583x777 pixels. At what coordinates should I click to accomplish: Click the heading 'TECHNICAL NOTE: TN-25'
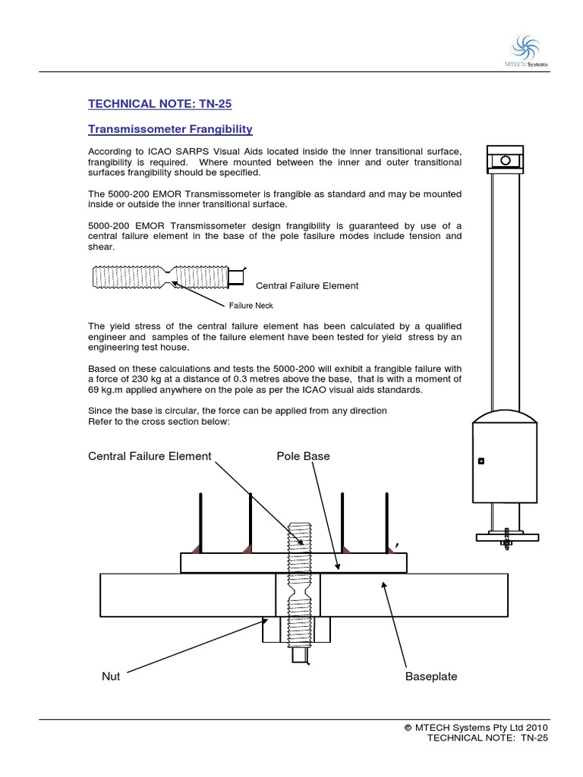147,104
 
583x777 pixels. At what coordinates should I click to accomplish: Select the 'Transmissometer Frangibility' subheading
170,130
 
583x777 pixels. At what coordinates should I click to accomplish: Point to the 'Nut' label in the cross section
111,676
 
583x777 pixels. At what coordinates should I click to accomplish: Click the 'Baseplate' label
431,676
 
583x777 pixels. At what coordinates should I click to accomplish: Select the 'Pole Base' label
303,456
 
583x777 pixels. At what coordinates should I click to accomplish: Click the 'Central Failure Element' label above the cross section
150,456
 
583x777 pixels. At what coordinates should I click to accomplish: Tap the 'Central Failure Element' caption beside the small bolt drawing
307,286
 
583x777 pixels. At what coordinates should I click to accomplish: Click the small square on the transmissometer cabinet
480,461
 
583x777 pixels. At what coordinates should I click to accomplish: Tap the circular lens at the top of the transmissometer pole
504,160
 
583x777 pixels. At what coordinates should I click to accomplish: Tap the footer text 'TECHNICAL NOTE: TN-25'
487,738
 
